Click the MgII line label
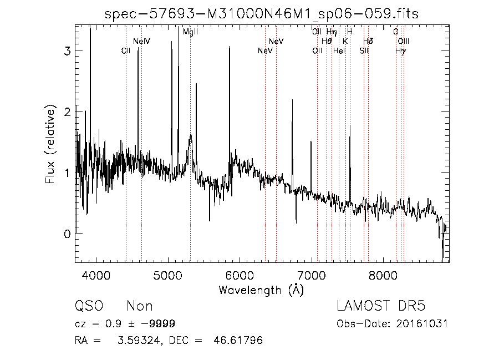coord(190,32)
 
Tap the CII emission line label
coord(126,51)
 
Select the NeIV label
coord(141,42)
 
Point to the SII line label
coord(364,51)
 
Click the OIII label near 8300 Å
coord(404,42)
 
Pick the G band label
coord(395,32)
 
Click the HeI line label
coord(339,51)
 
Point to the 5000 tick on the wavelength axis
coord(167,276)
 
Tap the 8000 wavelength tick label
coord(383,276)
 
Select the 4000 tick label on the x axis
coord(96,276)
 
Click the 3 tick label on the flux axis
coord(67,50)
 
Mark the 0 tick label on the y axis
coord(67,234)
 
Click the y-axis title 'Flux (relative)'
coord(50,144)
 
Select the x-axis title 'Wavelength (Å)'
coord(261,290)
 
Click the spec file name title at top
coord(261,14)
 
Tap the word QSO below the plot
coord(89,306)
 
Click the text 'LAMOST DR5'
coord(381,306)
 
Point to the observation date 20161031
coord(422,324)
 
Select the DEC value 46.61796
coord(238,340)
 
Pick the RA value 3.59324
coord(139,340)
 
